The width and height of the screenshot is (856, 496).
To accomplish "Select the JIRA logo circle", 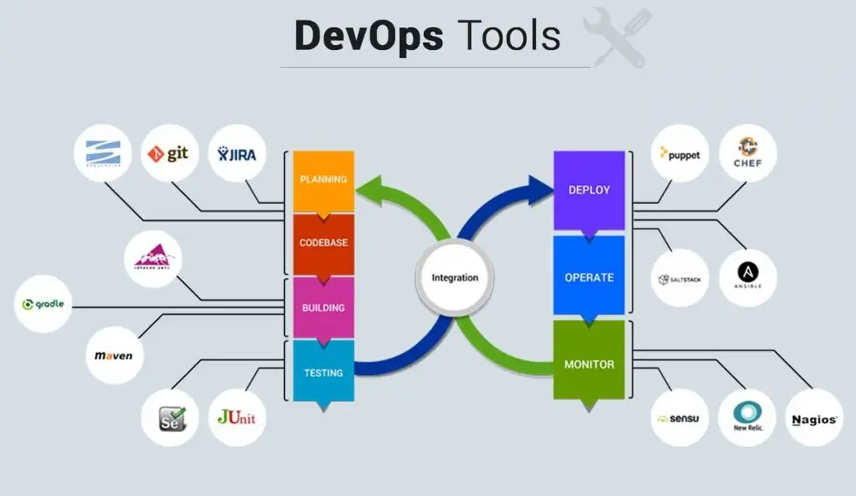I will point(238,153).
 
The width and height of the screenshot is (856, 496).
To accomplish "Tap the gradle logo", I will point(44,304).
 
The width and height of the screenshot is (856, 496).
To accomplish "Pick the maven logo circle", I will point(114,355).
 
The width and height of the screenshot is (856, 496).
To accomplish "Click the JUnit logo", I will point(237,417).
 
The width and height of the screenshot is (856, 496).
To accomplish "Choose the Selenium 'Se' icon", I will point(170,417).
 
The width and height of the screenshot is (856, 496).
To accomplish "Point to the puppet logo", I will point(679,154).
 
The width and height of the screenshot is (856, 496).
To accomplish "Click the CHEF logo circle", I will point(748,154).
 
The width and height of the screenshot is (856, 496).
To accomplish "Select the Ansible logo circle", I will point(748,278).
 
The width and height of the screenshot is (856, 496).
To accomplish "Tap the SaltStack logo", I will point(679,278).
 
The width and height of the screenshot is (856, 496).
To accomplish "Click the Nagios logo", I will point(814,417).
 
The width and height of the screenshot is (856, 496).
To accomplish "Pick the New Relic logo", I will point(747,417).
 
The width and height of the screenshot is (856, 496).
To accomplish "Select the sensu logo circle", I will point(679,417).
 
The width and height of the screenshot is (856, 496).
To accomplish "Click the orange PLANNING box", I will point(324,180).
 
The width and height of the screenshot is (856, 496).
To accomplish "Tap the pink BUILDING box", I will point(324,307).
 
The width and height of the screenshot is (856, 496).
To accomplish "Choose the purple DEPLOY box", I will point(589,190).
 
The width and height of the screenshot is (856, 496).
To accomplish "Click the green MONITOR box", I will point(589,362).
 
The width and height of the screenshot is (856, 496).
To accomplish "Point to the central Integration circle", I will point(455,278).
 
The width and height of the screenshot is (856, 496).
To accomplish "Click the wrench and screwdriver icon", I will point(618,37).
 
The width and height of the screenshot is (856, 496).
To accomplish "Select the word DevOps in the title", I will point(369,35).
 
